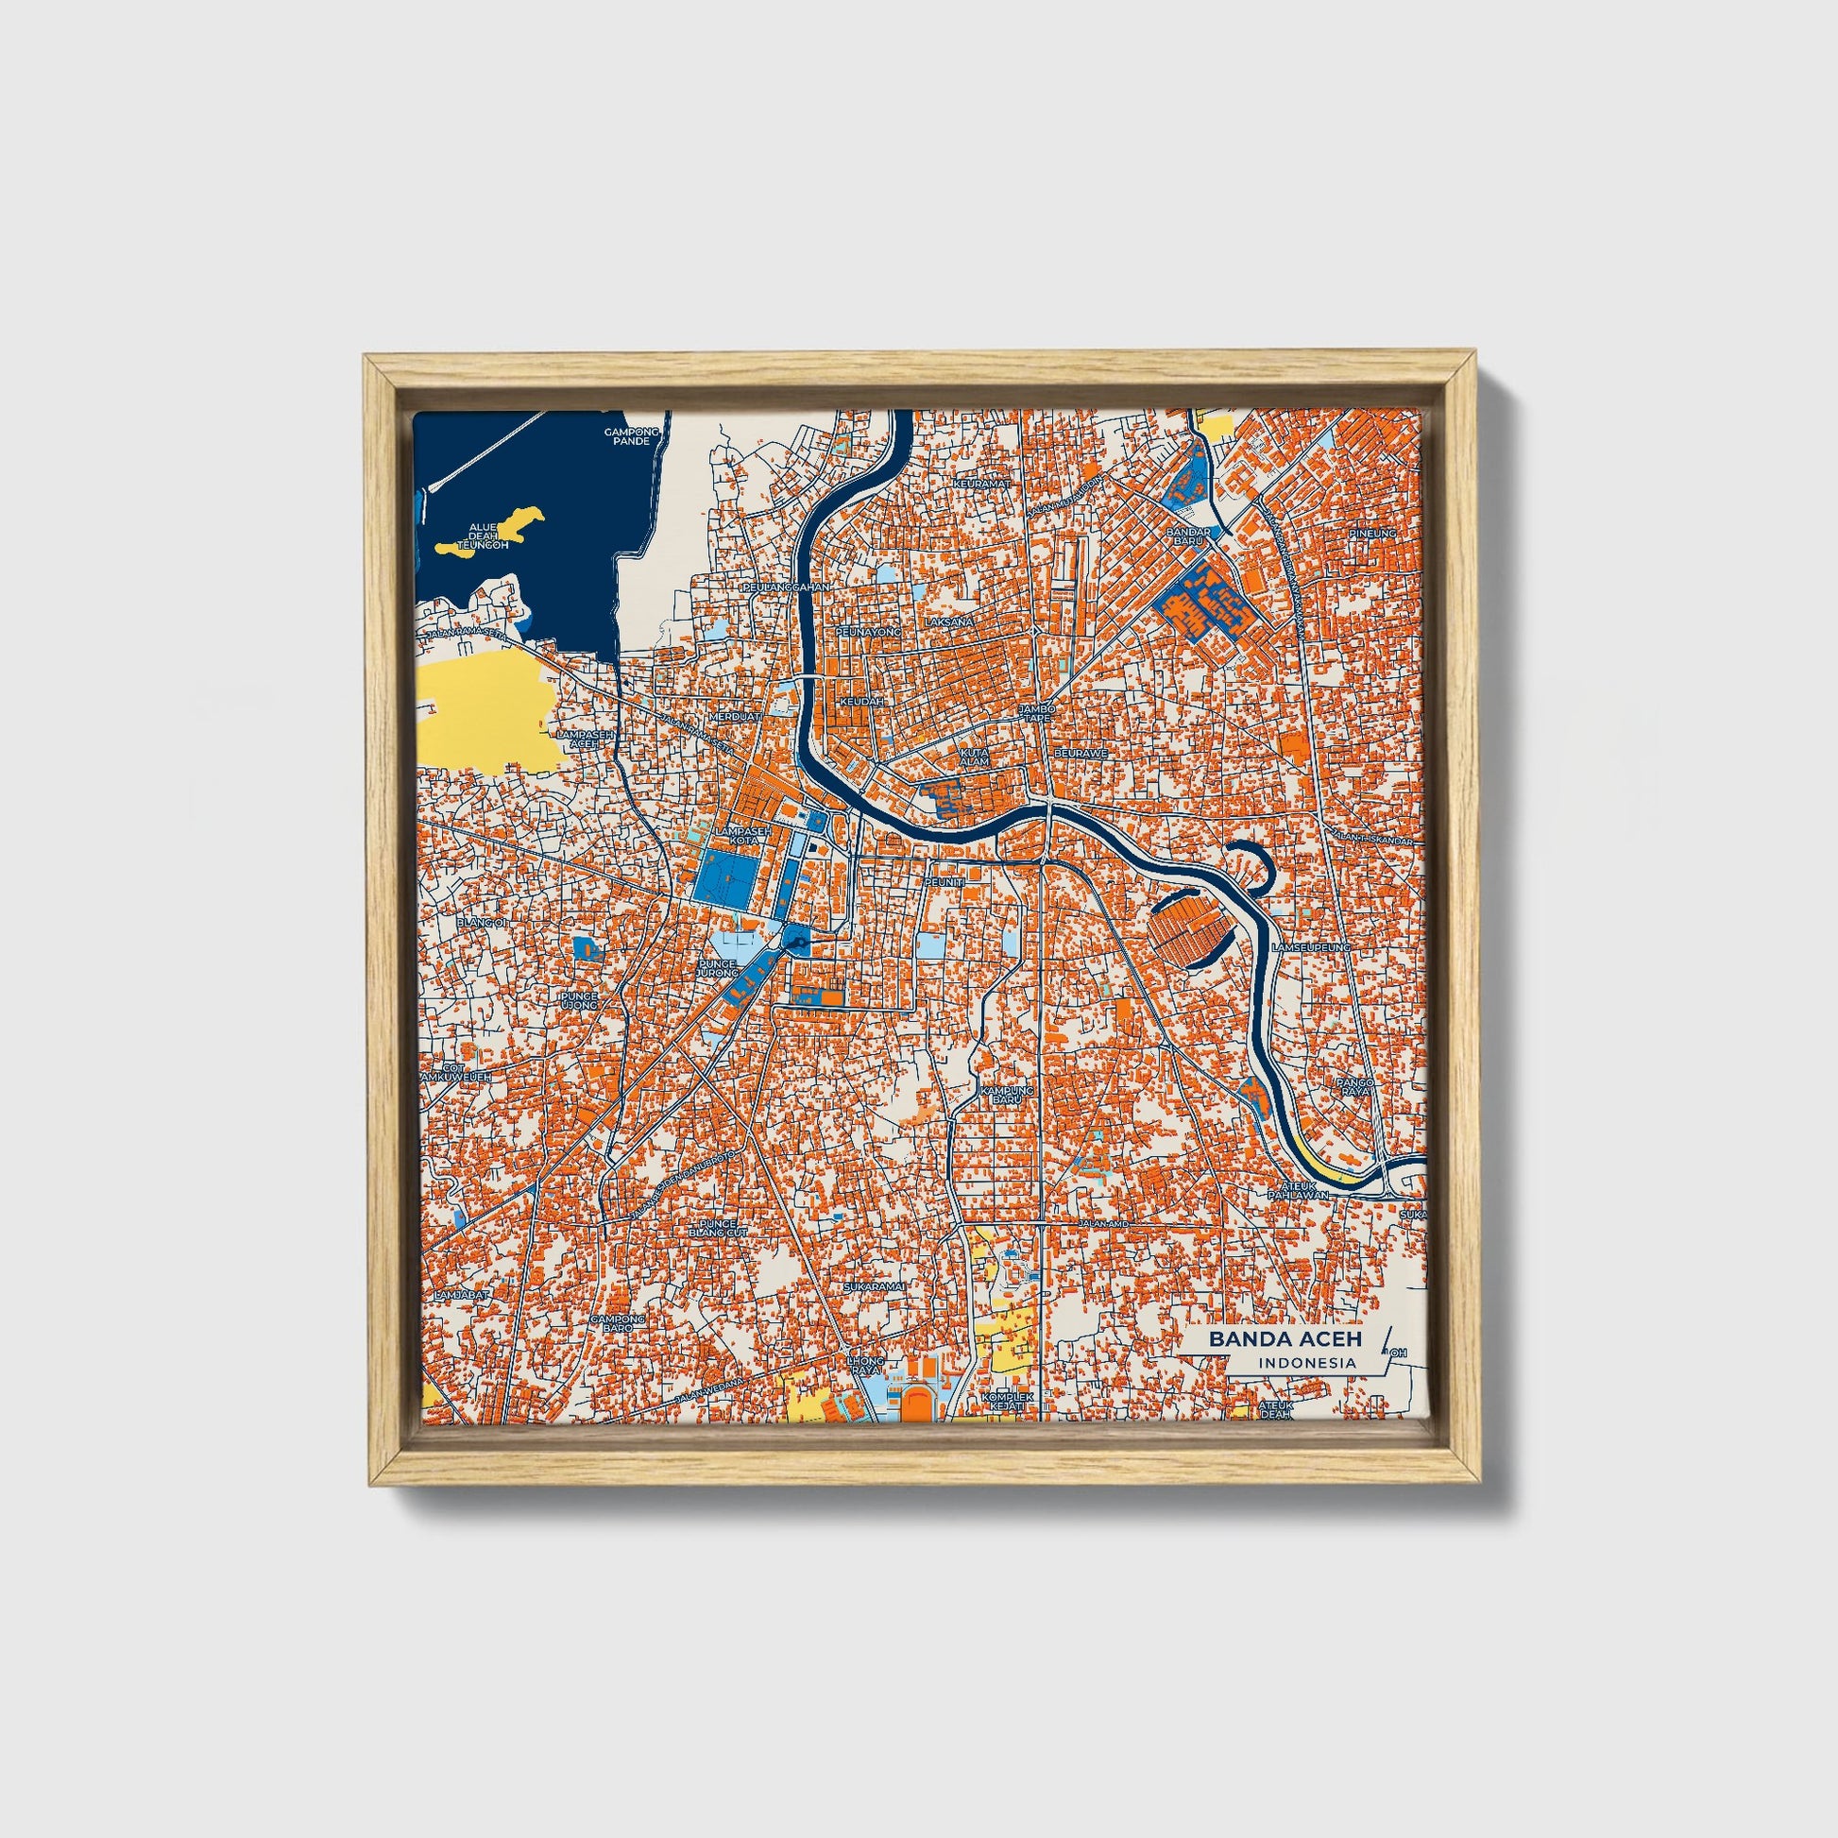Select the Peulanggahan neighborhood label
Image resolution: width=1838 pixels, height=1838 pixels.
click(x=788, y=587)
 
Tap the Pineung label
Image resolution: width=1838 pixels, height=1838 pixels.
click(x=1372, y=535)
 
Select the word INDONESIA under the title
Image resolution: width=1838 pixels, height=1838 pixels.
click(x=1307, y=1363)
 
